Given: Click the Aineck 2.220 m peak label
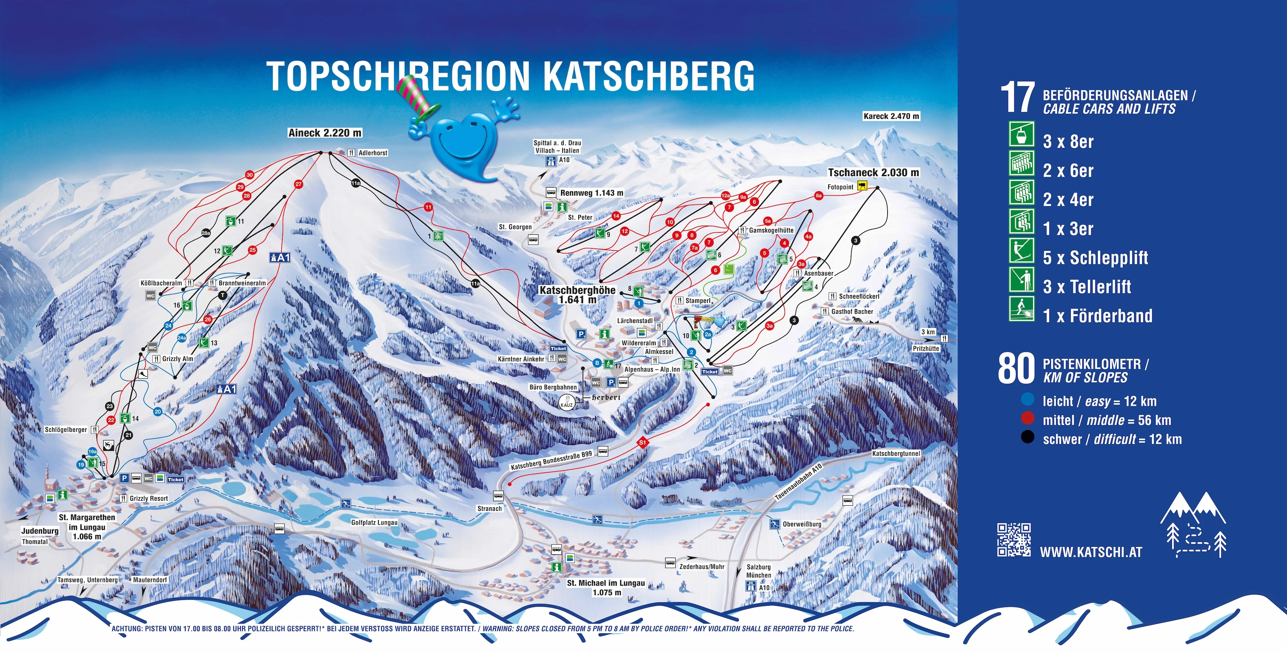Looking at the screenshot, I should [325, 133].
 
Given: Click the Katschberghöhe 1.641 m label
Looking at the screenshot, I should [578, 295].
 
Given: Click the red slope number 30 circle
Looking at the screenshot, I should [249, 175].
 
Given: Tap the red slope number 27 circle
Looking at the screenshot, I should [298, 184].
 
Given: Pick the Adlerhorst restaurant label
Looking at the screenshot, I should [373, 153].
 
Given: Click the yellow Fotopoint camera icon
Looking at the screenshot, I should [862, 186].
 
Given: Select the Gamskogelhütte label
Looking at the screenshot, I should [771, 230].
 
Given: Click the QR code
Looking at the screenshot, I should [1014, 540].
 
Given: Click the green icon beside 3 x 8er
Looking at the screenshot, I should [1021, 134].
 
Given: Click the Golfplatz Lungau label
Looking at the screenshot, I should [374, 523].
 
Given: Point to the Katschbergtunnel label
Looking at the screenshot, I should [896, 453].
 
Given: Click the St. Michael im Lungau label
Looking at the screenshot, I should [606, 583].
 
